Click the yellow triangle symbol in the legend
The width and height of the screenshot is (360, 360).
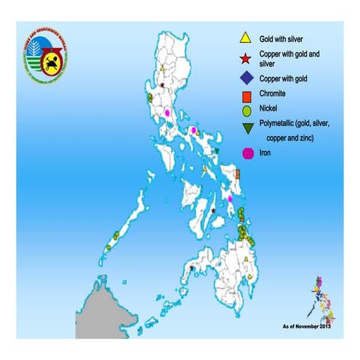tap(246, 39)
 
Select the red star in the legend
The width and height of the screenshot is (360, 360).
tap(246, 57)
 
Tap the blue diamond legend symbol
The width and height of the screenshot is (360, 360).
tap(246, 78)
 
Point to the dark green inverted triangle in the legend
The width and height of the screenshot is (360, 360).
tap(246, 128)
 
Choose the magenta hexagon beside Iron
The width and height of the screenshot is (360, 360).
tap(246, 153)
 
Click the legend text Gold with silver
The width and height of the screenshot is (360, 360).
tap(287, 38)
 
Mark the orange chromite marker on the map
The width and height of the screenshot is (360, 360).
tap(238, 174)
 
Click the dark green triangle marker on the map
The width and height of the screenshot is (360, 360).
tap(217, 151)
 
